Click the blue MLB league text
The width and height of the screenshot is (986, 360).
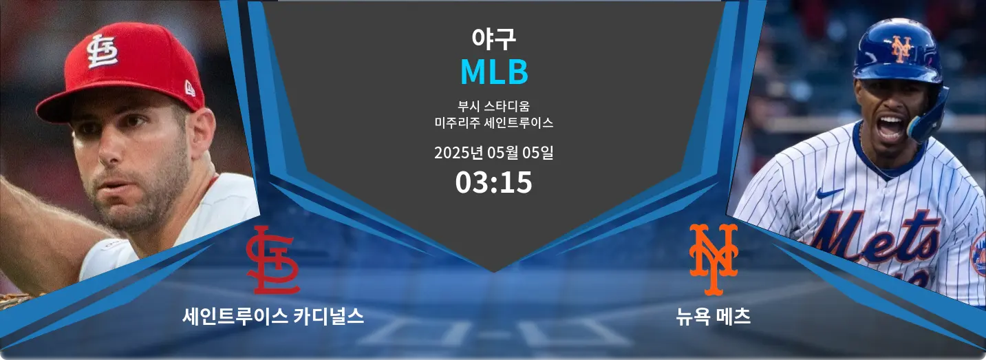click(494, 72)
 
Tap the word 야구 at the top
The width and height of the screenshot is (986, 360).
click(493, 39)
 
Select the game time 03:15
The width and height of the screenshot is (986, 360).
click(493, 182)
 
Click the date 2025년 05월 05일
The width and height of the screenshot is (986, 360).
click(493, 153)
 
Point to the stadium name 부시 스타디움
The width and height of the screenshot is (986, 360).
click(493, 106)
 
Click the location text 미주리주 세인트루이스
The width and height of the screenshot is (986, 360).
click(493, 123)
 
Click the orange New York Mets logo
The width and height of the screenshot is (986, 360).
click(714, 260)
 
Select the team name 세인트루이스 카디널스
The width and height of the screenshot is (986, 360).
click(273, 317)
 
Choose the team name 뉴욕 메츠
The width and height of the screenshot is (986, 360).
click(713, 317)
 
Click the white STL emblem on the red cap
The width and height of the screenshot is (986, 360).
click(102, 51)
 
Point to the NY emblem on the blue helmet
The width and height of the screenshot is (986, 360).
click(902, 48)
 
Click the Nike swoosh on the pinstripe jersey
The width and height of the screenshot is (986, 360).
click(829, 193)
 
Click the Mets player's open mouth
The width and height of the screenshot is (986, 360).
click(890, 127)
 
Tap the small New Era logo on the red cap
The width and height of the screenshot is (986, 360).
click(190, 89)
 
